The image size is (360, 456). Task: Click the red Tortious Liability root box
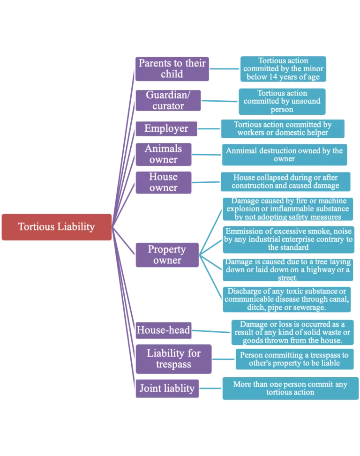[56, 227]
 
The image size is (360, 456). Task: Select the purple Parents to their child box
[172, 68]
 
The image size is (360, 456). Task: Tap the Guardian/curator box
[168, 100]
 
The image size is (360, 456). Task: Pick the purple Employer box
[166, 128]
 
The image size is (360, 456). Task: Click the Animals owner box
[163, 154]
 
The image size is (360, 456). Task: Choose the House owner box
[163, 182]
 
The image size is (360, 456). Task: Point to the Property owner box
[167, 255]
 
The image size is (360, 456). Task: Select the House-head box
[163, 330]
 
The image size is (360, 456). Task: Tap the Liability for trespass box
[173, 359]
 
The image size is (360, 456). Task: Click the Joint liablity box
[166, 389]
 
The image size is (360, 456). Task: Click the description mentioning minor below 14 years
[283, 69]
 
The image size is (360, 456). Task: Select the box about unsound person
[282, 102]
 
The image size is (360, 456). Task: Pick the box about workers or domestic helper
[282, 128]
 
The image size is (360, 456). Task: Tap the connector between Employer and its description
[209, 128]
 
